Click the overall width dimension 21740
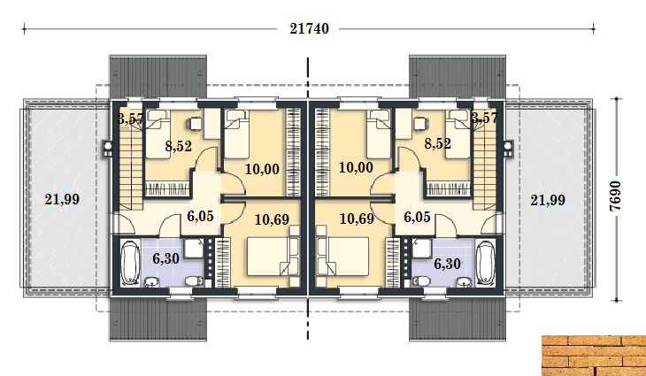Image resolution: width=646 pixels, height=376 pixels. click(x=309, y=29)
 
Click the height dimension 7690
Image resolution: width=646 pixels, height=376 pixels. click(x=616, y=196)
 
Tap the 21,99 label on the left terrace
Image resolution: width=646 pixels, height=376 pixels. click(x=62, y=199)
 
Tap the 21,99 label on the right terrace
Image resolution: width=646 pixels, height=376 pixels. click(x=548, y=200)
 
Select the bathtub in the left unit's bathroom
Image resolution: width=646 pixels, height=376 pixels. click(x=130, y=263)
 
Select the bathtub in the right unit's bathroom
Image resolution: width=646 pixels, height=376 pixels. click(x=485, y=263)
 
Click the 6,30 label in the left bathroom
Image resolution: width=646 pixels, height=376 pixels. click(x=165, y=258)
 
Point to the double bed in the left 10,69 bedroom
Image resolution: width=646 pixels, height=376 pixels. click(x=273, y=256)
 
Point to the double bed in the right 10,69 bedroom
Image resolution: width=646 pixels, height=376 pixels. click(x=342, y=256)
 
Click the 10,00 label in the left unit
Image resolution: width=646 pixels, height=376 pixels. click(x=262, y=169)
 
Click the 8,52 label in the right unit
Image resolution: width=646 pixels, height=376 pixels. click(x=437, y=143)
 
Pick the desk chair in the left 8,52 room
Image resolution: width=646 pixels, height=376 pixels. click(x=195, y=123)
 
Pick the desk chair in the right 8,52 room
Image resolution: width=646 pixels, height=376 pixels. click(x=421, y=123)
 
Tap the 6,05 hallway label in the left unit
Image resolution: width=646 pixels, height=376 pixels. click(x=200, y=216)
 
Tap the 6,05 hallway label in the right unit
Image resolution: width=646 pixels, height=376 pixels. click(x=417, y=217)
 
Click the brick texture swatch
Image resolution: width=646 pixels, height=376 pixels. click(x=594, y=356)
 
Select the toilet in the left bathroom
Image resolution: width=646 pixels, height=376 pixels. click(x=193, y=280)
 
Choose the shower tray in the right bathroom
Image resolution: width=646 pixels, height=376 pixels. click(x=421, y=249)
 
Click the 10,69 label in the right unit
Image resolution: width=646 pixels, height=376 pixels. click(x=357, y=219)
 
